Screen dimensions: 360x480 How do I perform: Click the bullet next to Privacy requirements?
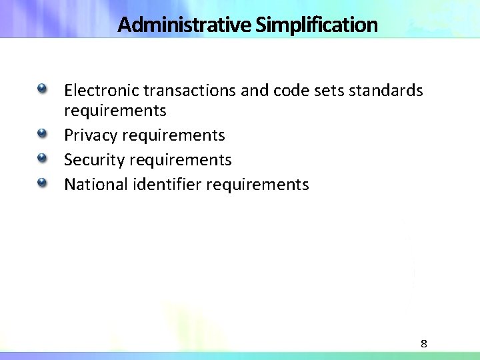[43, 134]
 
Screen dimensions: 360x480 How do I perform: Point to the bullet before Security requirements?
[43, 158]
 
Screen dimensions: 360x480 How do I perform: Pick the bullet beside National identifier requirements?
[43, 182]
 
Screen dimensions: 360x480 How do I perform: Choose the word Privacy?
[90, 135]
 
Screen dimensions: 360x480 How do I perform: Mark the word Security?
[93, 160]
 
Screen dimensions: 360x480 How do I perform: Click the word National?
[95, 184]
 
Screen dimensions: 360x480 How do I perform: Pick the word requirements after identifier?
[257, 184]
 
